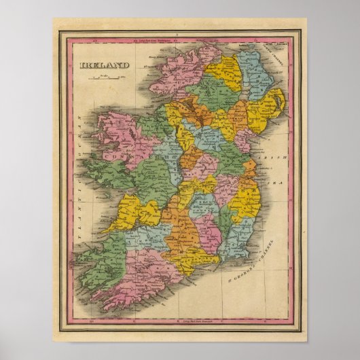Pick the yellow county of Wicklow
pyautogui.click(x=244, y=200)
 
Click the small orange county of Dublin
pyautogui.click(x=249, y=170)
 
